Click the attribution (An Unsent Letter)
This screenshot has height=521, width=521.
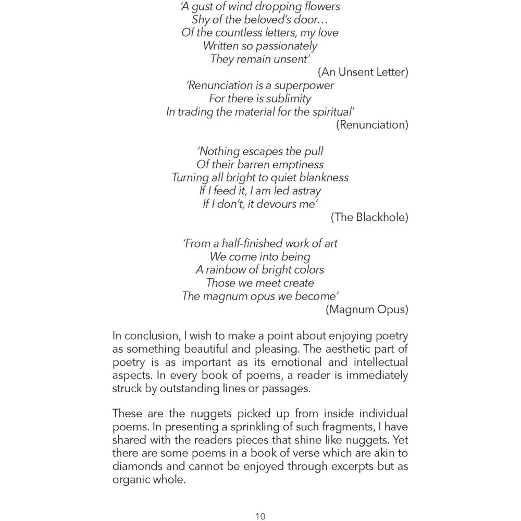[363, 72]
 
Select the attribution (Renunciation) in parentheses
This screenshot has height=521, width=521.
[372, 125]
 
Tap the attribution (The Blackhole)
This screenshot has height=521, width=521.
[369, 217]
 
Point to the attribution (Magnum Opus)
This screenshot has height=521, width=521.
[367, 309]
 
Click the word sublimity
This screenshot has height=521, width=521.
[289, 98]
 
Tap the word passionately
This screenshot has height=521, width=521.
[286, 46]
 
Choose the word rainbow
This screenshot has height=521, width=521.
[227, 270]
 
